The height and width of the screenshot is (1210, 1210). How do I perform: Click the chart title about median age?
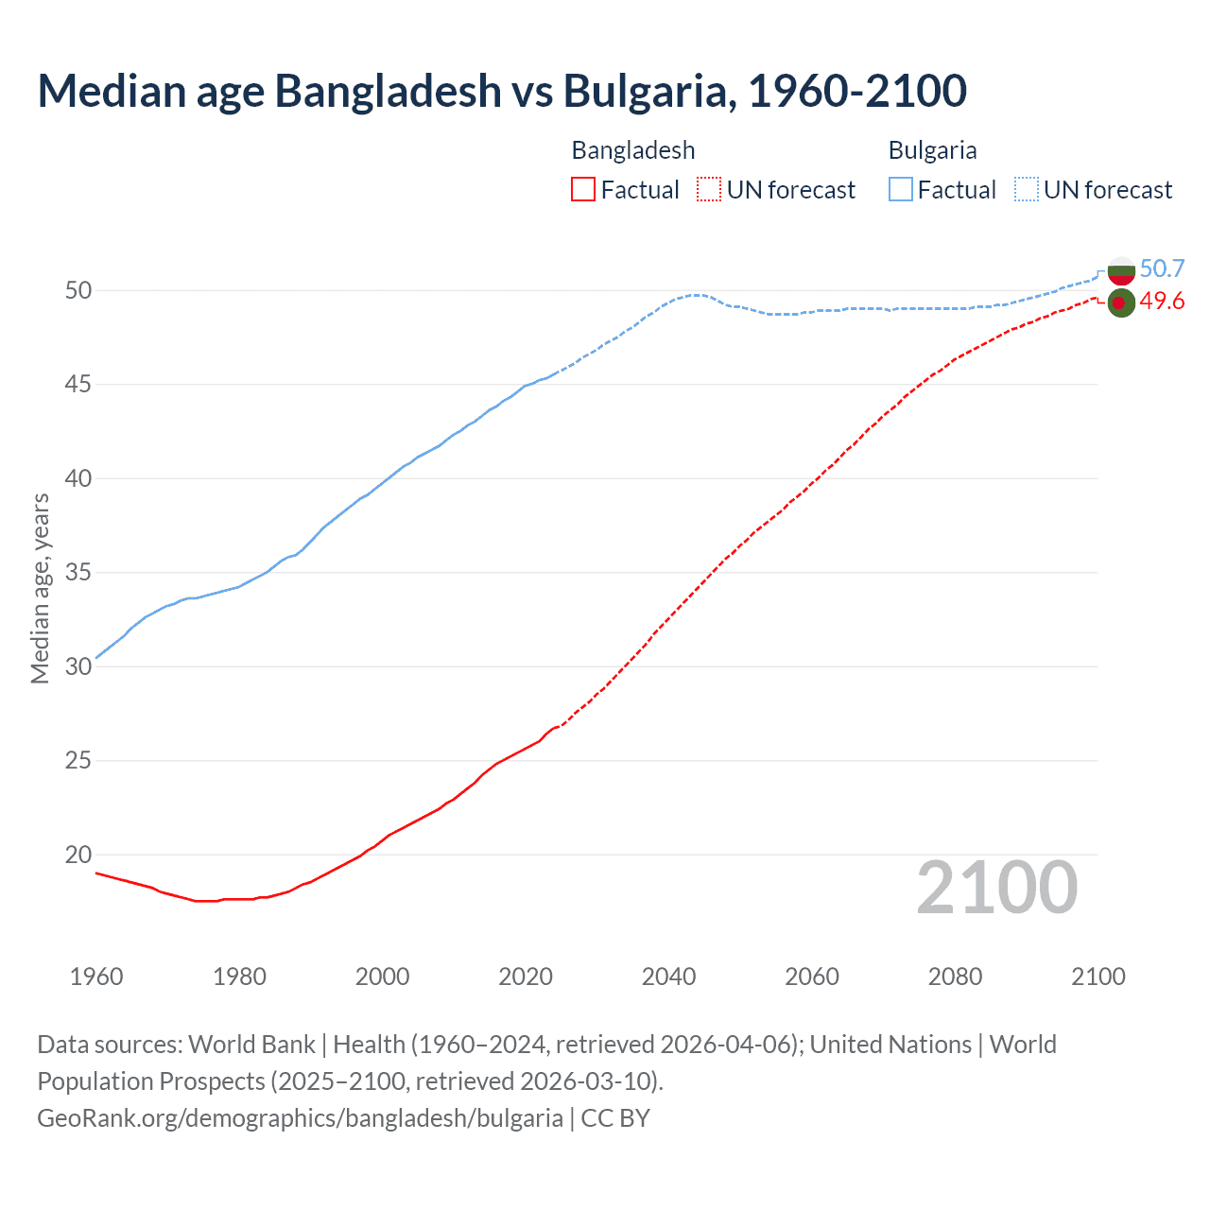point(502,91)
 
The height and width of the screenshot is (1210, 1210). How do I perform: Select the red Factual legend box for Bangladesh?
point(583,190)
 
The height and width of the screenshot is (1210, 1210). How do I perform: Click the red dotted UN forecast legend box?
point(709,190)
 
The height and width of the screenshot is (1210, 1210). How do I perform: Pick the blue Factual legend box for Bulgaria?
point(901,190)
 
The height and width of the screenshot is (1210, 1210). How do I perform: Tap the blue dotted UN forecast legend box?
point(1027,190)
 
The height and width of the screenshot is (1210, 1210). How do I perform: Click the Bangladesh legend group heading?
point(633,150)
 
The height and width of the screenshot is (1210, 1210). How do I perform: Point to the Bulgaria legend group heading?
point(932,150)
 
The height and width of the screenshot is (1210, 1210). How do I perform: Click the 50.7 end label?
point(1162,268)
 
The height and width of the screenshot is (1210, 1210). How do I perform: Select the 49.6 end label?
point(1162,302)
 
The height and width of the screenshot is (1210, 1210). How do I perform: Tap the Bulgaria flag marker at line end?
point(1121,270)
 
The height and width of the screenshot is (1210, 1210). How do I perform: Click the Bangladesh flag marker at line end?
point(1121,302)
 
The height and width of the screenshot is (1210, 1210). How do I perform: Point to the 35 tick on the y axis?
point(78,573)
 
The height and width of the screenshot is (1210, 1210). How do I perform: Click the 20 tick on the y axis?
point(78,855)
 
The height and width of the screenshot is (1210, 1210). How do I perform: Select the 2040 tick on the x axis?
point(668,977)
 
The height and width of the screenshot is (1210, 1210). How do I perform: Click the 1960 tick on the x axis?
point(96,977)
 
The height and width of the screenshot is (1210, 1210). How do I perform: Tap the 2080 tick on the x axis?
point(955,977)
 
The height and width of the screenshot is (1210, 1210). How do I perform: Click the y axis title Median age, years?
point(40,588)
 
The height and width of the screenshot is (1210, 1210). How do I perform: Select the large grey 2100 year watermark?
point(996,888)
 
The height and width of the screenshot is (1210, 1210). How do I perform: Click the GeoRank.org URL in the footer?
point(300,1118)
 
